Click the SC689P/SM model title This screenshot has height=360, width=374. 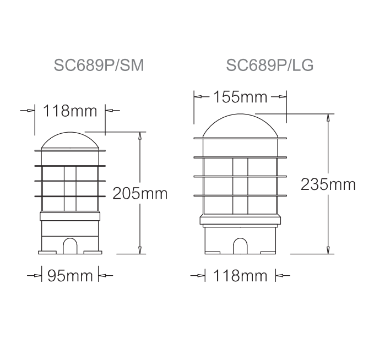pyautogui.click(x=99, y=65)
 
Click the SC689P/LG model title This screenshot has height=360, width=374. pyautogui.click(x=270, y=65)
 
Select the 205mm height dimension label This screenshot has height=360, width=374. pyautogui.click(x=140, y=193)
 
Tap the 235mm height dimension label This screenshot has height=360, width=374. pyautogui.click(x=328, y=184)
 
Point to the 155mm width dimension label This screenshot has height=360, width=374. pyautogui.click(x=240, y=97)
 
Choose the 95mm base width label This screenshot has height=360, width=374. pyautogui.click(x=70, y=276)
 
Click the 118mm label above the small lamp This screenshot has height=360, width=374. pyautogui.click(x=70, y=111)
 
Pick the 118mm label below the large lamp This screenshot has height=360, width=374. pyautogui.click(x=240, y=276)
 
